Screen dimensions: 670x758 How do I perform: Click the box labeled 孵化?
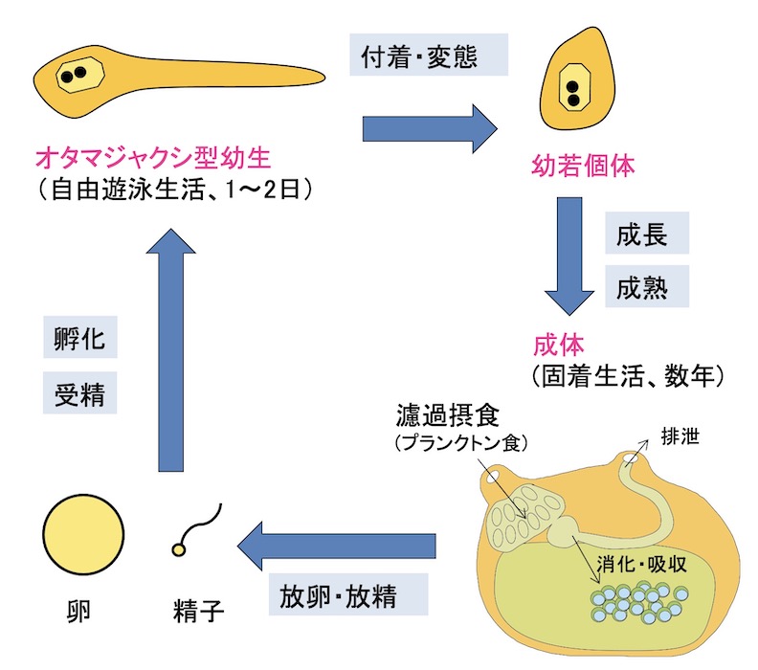coord(80,339)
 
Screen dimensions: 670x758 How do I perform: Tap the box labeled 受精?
coord(80,391)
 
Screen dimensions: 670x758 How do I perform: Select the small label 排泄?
coord(680,437)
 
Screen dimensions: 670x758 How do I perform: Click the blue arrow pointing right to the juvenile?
coord(430,126)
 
